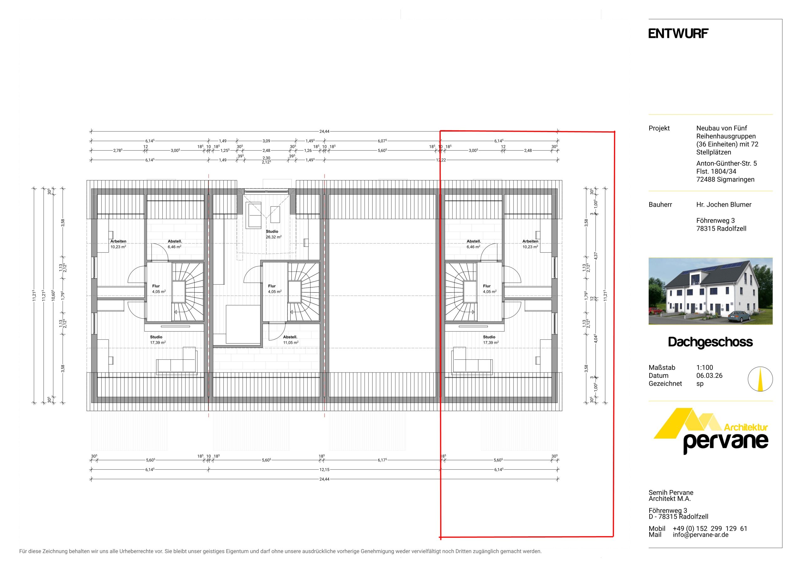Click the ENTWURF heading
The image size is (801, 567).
tap(678, 34)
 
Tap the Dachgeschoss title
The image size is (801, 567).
tap(710, 342)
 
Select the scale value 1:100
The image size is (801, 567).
tap(705, 368)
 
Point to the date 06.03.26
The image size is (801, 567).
tap(709, 376)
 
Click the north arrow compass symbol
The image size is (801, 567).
tap(760, 379)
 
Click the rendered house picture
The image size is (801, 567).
tap(710, 291)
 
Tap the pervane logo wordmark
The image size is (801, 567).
tap(726, 442)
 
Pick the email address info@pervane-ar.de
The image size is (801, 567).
tap(701, 535)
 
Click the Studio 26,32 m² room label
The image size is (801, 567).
tap(273, 234)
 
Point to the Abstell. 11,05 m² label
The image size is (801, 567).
tap(291, 340)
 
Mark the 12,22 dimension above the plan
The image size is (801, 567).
tap(441, 160)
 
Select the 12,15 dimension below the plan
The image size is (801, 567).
tap(324, 470)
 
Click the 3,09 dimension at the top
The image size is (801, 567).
tap(266, 141)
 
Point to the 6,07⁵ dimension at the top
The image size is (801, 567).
tap(382, 141)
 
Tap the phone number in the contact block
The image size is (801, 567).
tap(710, 528)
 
